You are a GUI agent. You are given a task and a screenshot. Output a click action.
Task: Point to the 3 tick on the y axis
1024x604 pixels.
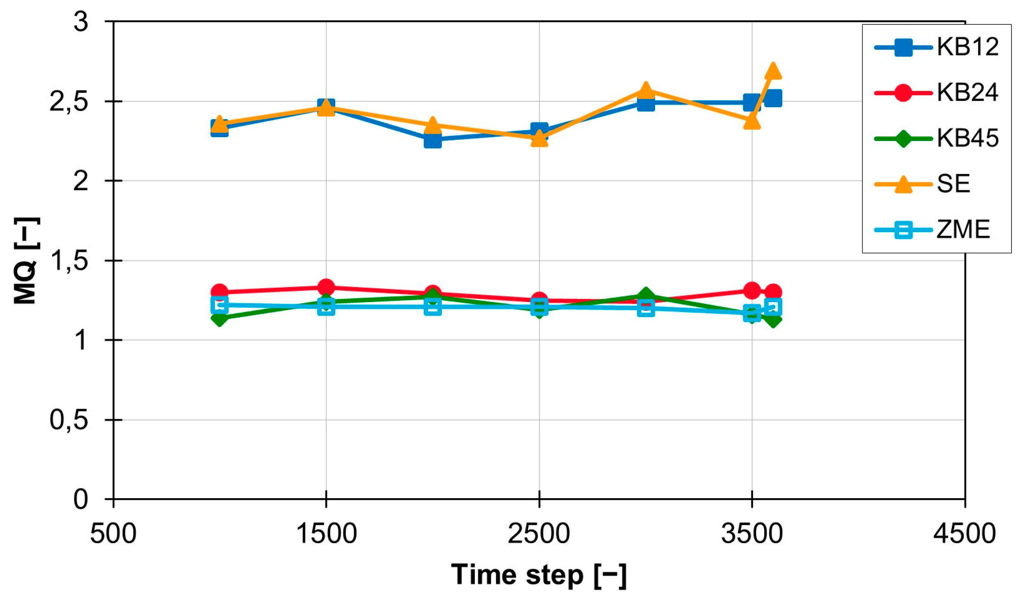(x=81, y=21)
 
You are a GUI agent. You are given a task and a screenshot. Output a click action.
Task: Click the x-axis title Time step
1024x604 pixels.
(x=539, y=575)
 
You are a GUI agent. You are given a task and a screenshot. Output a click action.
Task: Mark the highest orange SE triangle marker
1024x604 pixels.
(x=773, y=72)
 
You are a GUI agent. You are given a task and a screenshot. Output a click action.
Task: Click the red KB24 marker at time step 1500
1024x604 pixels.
(x=326, y=287)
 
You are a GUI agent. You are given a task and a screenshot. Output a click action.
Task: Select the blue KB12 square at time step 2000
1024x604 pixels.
(x=432, y=140)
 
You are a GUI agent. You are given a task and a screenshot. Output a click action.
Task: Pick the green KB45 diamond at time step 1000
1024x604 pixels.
(x=219, y=318)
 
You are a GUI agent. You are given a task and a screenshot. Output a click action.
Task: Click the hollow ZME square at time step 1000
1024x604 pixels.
(x=219, y=305)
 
